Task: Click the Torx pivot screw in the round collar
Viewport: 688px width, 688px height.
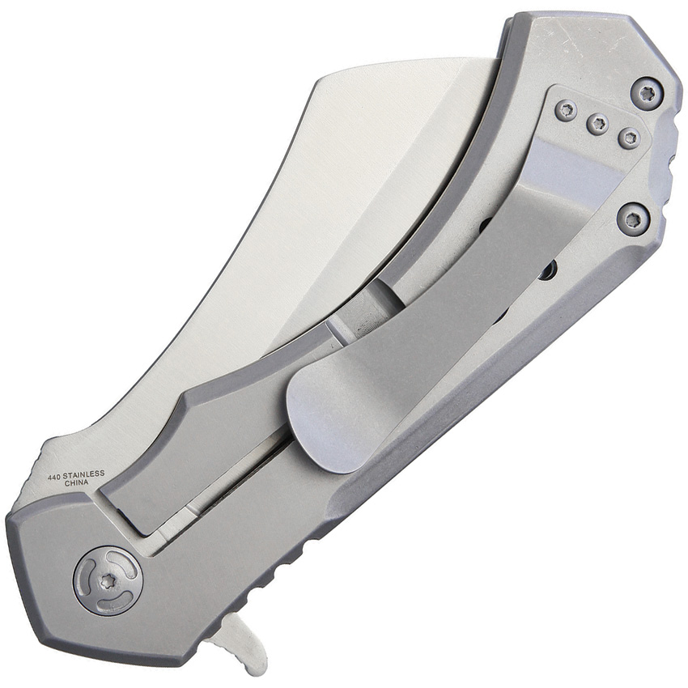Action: pos(108,580)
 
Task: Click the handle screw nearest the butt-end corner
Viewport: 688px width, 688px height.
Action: pos(647,93)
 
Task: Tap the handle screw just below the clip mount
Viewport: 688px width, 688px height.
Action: pos(632,219)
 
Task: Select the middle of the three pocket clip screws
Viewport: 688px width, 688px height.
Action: pos(597,124)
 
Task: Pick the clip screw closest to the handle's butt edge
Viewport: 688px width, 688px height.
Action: pos(629,138)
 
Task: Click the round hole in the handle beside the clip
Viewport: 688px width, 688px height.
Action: pos(547,270)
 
